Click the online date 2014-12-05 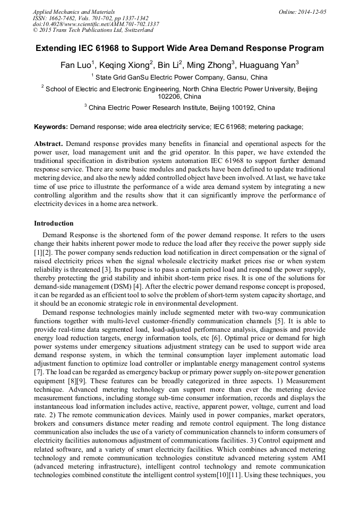pyautogui.click(x=309, y=11)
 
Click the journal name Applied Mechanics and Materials pyautogui.click(x=74, y=11)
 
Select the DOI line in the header pyautogui.click(x=96, y=24)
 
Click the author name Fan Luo pyautogui.click(x=75, y=65)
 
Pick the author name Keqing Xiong pyautogui.click(x=126, y=65)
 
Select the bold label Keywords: pyautogui.click(x=51, y=127)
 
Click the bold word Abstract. pyautogui.click(x=49, y=144)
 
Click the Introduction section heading pyautogui.click(x=54, y=223)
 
